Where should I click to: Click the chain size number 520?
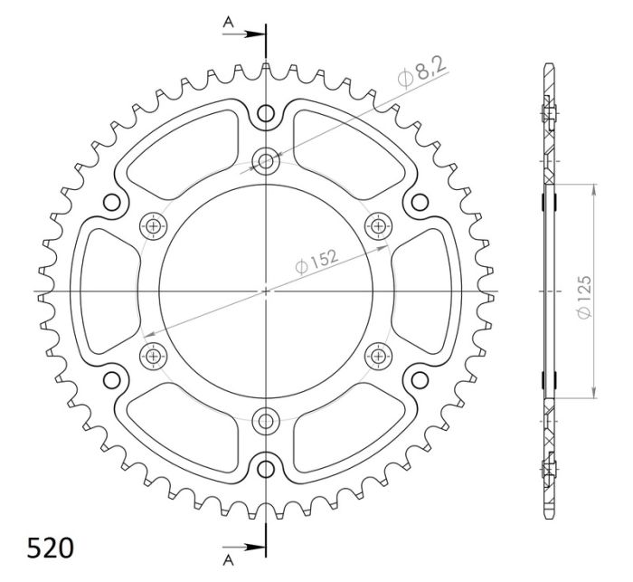pos(51,549)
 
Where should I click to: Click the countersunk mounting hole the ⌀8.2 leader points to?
pos(266,162)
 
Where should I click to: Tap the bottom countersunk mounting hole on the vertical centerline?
pos(266,419)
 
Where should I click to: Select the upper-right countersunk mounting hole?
pos(377,225)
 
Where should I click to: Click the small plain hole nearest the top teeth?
pos(266,113)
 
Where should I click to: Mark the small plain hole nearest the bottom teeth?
pos(266,468)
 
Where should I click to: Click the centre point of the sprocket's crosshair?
pos(266,291)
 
